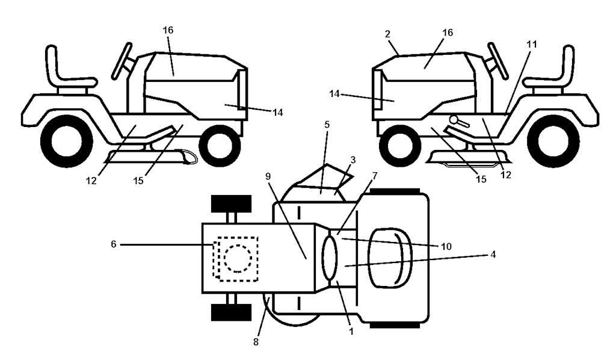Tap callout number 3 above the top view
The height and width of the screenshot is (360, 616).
point(353,161)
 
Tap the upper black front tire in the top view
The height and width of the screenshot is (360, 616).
point(230,204)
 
